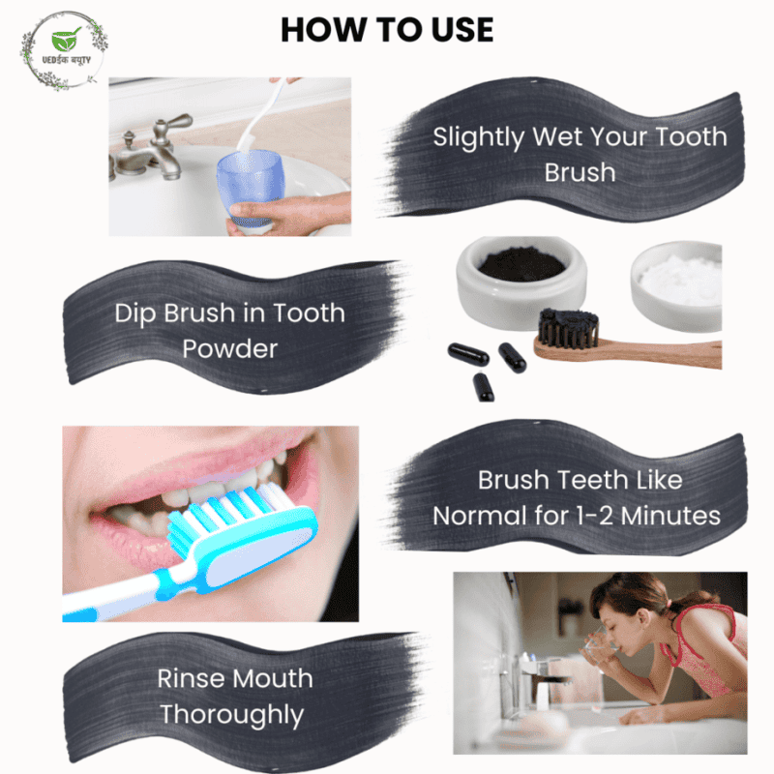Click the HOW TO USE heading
[387, 30]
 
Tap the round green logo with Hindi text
[64, 51]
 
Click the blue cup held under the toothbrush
[251, 190]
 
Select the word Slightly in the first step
[478, 137]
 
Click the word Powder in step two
[230, 349]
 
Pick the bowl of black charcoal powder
[521, 283]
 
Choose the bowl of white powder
[676, 285]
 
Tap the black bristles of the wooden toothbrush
[568, 327]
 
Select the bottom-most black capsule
[483, 387]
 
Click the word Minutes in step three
[670, 517]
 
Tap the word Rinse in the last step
[188, 679]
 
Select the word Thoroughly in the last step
[231, 715]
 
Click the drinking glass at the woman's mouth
[599, 645]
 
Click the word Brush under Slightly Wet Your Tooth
[580, 173]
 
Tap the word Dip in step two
[135, 313]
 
